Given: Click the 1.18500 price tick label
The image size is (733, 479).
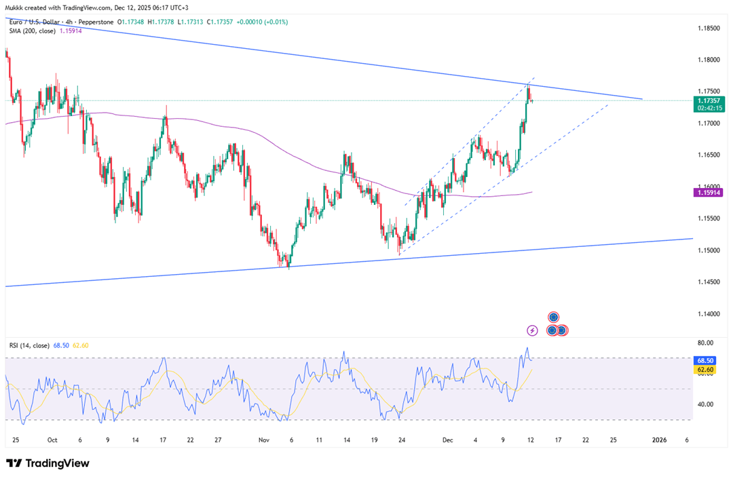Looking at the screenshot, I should pos(709,28).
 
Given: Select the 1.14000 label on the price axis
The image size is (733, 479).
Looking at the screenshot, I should pos(709,314).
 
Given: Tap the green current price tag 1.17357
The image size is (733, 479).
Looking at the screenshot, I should pos(709,100).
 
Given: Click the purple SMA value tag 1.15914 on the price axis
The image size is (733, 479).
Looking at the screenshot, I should pos(709,193).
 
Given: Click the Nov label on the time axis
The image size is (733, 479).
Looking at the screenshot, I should pos(263,440).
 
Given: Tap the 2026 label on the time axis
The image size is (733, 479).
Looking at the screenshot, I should pos(659,440).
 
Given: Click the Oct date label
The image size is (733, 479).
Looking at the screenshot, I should pos(52,440).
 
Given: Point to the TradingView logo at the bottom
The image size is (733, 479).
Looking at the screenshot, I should pos(48,463).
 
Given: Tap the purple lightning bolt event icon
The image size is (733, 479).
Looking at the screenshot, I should pos(533,330).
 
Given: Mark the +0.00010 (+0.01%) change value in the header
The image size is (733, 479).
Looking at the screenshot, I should pos(261,22).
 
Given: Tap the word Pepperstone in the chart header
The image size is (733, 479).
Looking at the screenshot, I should pos(95,22).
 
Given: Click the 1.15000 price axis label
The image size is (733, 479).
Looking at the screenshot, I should pos(709,250).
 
